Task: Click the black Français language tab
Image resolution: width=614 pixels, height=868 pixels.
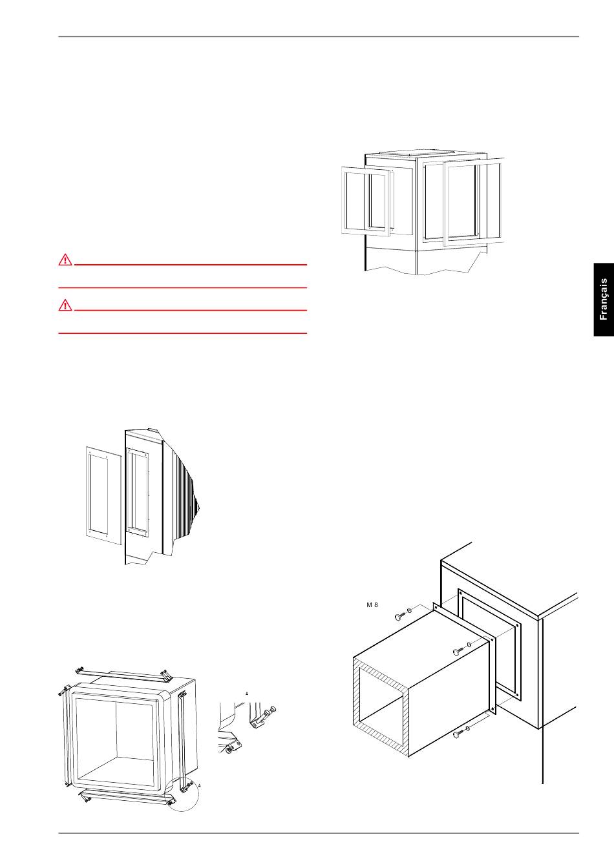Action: click(x=604, y=299)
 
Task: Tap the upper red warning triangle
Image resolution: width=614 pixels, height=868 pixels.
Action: click(x=65, y=259)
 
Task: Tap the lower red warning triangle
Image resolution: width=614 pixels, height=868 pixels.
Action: click(x=65, y=305)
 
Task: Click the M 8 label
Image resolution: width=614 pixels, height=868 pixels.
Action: click(x=372, y=605)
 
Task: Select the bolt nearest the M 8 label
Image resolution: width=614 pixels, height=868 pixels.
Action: click(x=400, y=615)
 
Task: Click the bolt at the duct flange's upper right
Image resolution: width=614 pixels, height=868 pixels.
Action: click(x=459, y=651)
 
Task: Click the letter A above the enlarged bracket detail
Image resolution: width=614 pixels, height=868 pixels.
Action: click(x=247, y=693)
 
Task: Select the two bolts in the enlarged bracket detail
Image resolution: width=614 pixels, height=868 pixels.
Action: click(x=267, y=712)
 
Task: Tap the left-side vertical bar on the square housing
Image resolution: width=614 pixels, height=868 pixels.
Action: click(x=66, y=739)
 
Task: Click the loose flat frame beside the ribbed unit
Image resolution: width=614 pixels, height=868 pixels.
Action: click(x=104, y=496)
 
